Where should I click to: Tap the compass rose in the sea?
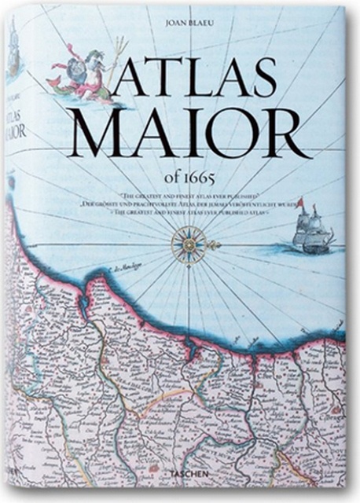[188, 244]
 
